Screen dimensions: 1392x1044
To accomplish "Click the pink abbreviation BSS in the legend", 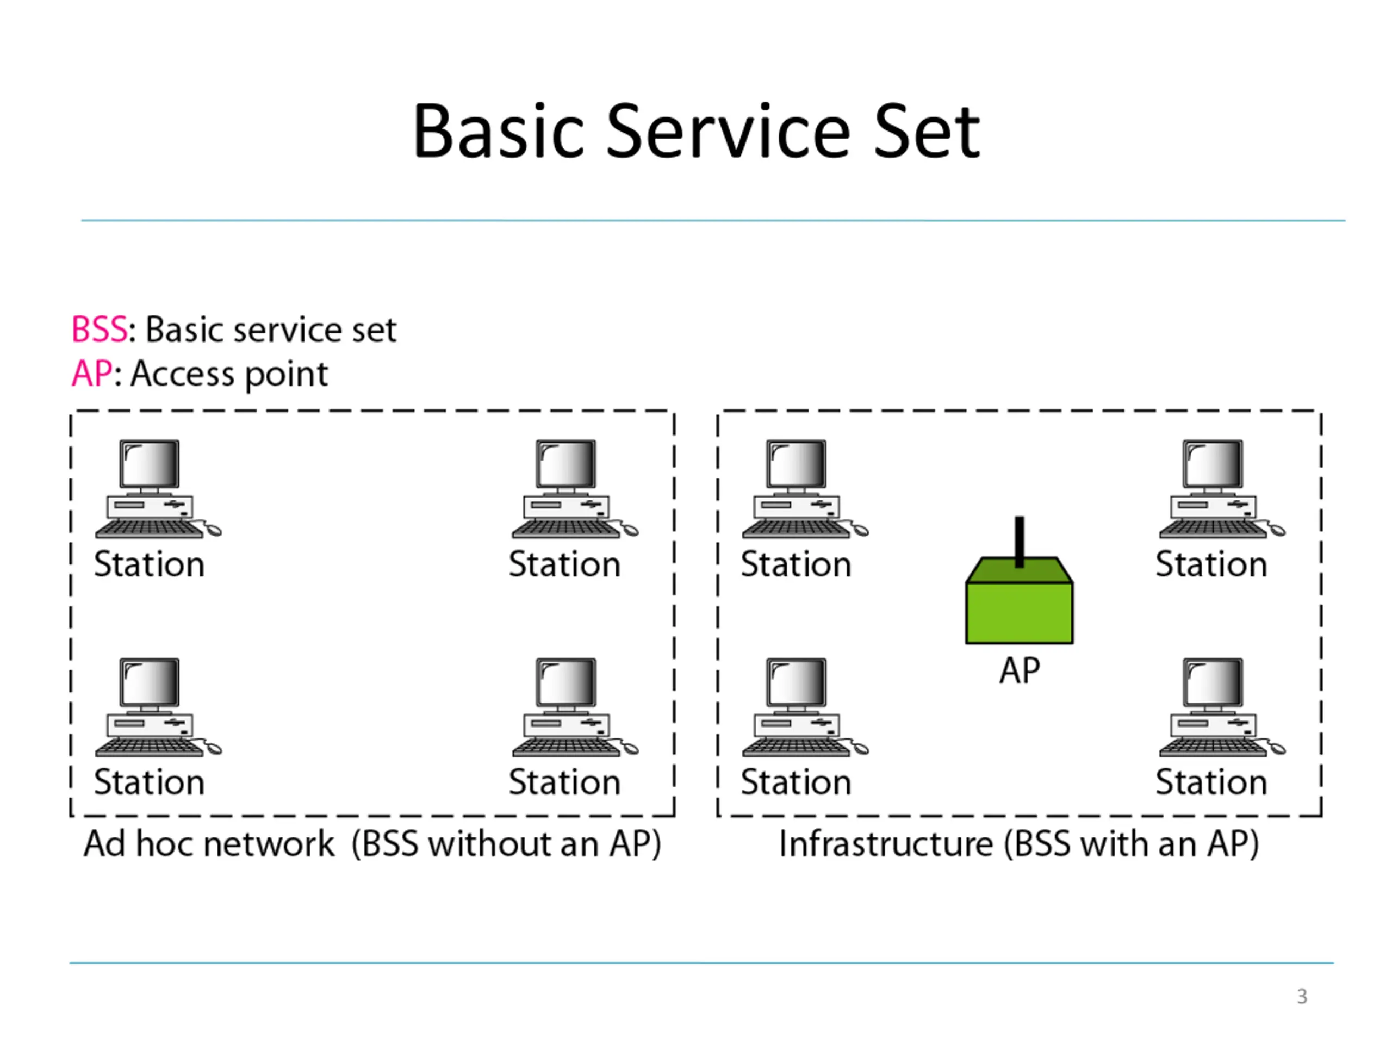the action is click(100, 329).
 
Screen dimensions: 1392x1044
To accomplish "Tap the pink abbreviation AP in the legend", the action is click(92, 373).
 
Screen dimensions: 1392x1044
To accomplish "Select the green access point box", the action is click(1020, 600).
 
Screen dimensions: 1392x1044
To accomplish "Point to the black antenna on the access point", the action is click(1020, 542).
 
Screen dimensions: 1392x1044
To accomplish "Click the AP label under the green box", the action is click(1020, 670).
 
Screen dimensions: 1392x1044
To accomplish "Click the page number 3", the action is click(1302, 996).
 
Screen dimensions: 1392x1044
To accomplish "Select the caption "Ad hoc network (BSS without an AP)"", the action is click(372, 844).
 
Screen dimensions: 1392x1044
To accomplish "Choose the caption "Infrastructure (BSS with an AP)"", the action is click(1020, 844).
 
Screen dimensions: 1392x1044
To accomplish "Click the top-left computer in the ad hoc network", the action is click(158, 489).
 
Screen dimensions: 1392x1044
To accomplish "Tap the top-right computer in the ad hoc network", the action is click(575, 489).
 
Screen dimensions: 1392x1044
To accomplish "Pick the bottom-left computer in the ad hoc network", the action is click(158, 707).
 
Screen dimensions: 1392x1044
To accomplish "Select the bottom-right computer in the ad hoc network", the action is click(575, 707).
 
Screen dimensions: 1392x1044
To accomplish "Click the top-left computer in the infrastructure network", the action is click(805, 489).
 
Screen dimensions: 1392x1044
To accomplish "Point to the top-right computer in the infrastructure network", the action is click(1222, 489).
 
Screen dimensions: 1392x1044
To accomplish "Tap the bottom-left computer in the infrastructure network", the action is click(805, 707).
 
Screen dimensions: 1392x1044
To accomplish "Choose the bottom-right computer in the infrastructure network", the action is click(1222, 707).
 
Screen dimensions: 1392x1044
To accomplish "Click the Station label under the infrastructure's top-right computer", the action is click(1211, 564).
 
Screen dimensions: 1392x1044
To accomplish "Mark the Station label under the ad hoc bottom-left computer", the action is click(149, 782).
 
